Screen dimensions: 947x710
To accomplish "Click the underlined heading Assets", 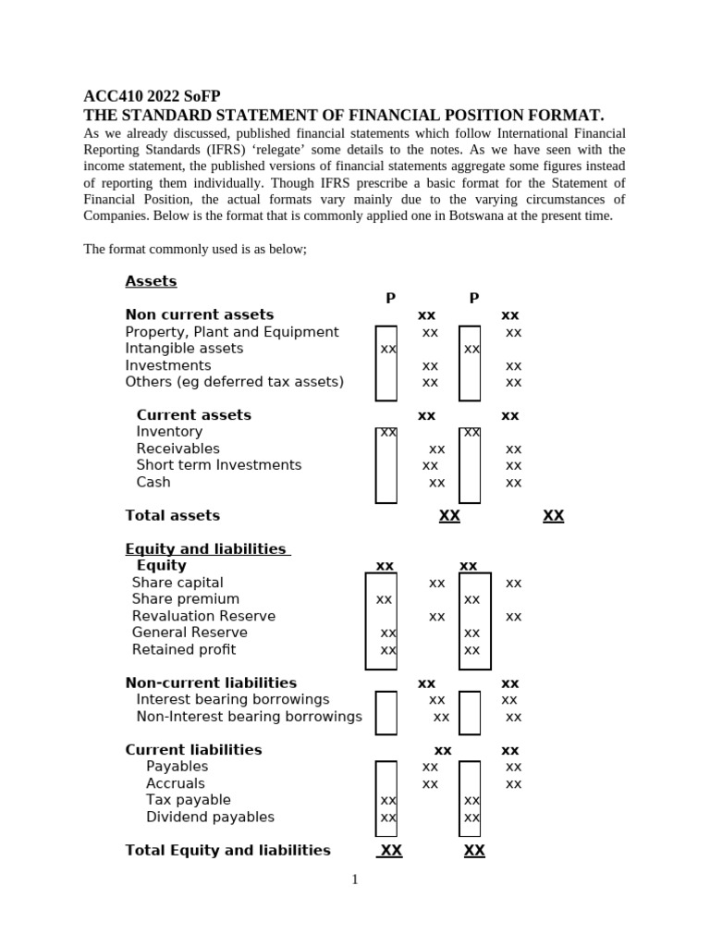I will coord(151,281).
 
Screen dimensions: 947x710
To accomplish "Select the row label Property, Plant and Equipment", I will coord(232,332).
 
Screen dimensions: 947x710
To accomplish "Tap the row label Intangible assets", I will coord(184,349).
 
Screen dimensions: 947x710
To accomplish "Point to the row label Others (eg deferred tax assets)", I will coord(234,382).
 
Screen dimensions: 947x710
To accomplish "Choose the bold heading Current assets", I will coord(193,415).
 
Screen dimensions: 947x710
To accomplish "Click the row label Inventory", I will coord(169,432).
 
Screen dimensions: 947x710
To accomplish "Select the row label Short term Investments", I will coord(218,465).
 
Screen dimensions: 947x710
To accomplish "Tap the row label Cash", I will coord(153,482).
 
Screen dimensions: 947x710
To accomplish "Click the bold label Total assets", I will coord(172,515).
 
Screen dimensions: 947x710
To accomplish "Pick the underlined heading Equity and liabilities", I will coord(206,549).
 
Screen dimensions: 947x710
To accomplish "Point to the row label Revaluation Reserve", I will coord(203,616).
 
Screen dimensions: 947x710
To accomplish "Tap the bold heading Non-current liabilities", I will coord(211,683).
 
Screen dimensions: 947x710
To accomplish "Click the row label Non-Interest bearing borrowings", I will coord(249,717).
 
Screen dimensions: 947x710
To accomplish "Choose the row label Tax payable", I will coord(189,800).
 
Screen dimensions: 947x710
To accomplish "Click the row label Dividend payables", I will coord(210,817).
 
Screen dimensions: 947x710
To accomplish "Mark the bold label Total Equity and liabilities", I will coord(227,850).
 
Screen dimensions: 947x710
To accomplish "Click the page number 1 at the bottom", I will coord(354,879).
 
